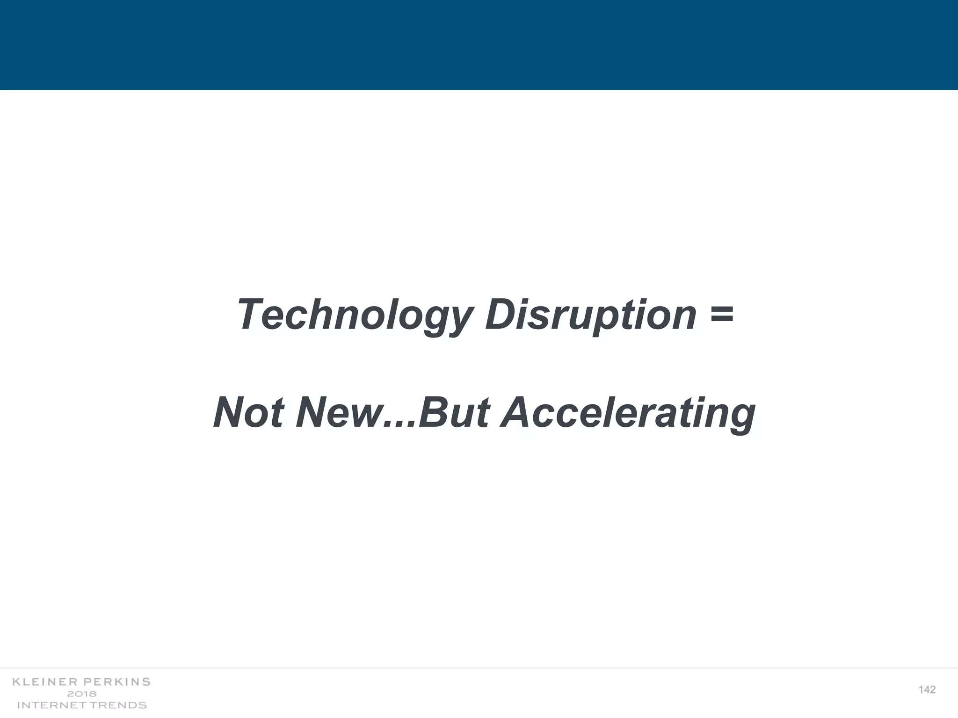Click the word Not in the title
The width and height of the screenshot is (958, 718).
[249, 412]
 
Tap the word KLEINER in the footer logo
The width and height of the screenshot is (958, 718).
[45, 682]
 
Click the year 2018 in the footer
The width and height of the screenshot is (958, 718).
[82, 694]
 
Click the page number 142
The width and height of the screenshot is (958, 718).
[927, 690]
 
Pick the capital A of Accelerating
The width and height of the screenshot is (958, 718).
[517, 412]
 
